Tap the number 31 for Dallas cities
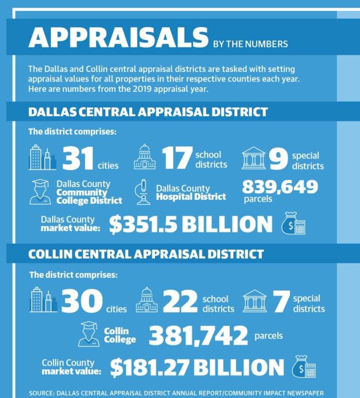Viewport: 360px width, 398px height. [78, 158]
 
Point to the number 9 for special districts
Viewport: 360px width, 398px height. [278, 159]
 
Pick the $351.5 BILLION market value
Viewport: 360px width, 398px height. [191, 224]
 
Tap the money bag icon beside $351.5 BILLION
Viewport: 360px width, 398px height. [293, 223]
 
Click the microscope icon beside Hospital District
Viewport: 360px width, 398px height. [143, 192]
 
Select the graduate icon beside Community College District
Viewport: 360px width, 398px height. [40, 192]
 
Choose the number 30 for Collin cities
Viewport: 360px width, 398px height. [82, 301]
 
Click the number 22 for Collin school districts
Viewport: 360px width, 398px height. [180, 301]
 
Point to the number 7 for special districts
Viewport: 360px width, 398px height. [281, 301]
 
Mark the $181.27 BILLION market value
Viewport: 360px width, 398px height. [197, 367]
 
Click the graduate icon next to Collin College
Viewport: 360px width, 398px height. [89, 334]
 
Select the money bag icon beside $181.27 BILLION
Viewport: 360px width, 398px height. [304, 367]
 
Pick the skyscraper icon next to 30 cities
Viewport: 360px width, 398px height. [43, 299]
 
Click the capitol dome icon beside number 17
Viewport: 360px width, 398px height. [144, 157]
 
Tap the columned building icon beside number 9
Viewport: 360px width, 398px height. [254, 158]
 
